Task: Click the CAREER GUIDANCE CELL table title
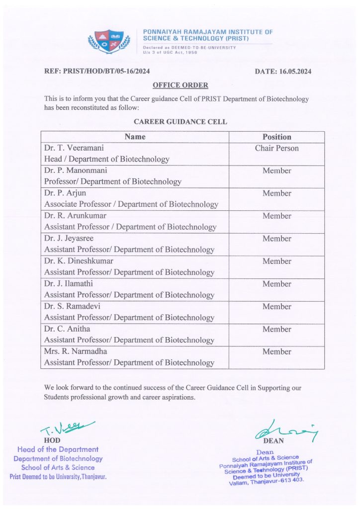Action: [x=180, y=121]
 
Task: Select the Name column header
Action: [x=135, y=137]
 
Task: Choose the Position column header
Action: [x=277, y=137]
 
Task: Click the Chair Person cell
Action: [x=277, y=148]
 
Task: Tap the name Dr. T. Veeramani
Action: [x=74, y=148]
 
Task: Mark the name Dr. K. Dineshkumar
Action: [x=79, y=261]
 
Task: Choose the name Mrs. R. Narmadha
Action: [x=76, y=351]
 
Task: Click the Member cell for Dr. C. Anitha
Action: [x=277, y=329]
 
